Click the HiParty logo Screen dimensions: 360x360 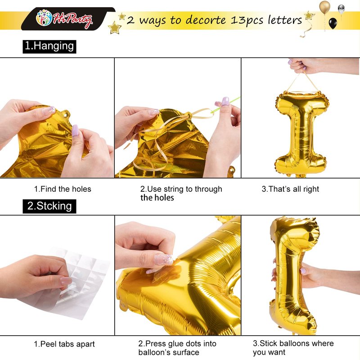click(x=64, y=19)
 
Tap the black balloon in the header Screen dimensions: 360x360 click(x=333, y=23)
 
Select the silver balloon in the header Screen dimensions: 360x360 click(x=341, y=9)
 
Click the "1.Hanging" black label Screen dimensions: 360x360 click(x=49, y=47)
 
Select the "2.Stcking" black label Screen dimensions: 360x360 click(x=49, y=206)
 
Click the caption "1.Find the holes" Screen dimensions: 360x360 click(x=63, y=189)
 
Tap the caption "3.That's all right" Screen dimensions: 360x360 click(x=290, y=189)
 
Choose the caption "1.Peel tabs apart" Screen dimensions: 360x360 click(x=64, y=344)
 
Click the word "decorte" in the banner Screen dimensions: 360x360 click(x=206, y=20)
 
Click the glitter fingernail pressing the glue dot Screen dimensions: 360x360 click(x=164, y=259)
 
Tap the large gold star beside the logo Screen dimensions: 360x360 click(x=114, y=27)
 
